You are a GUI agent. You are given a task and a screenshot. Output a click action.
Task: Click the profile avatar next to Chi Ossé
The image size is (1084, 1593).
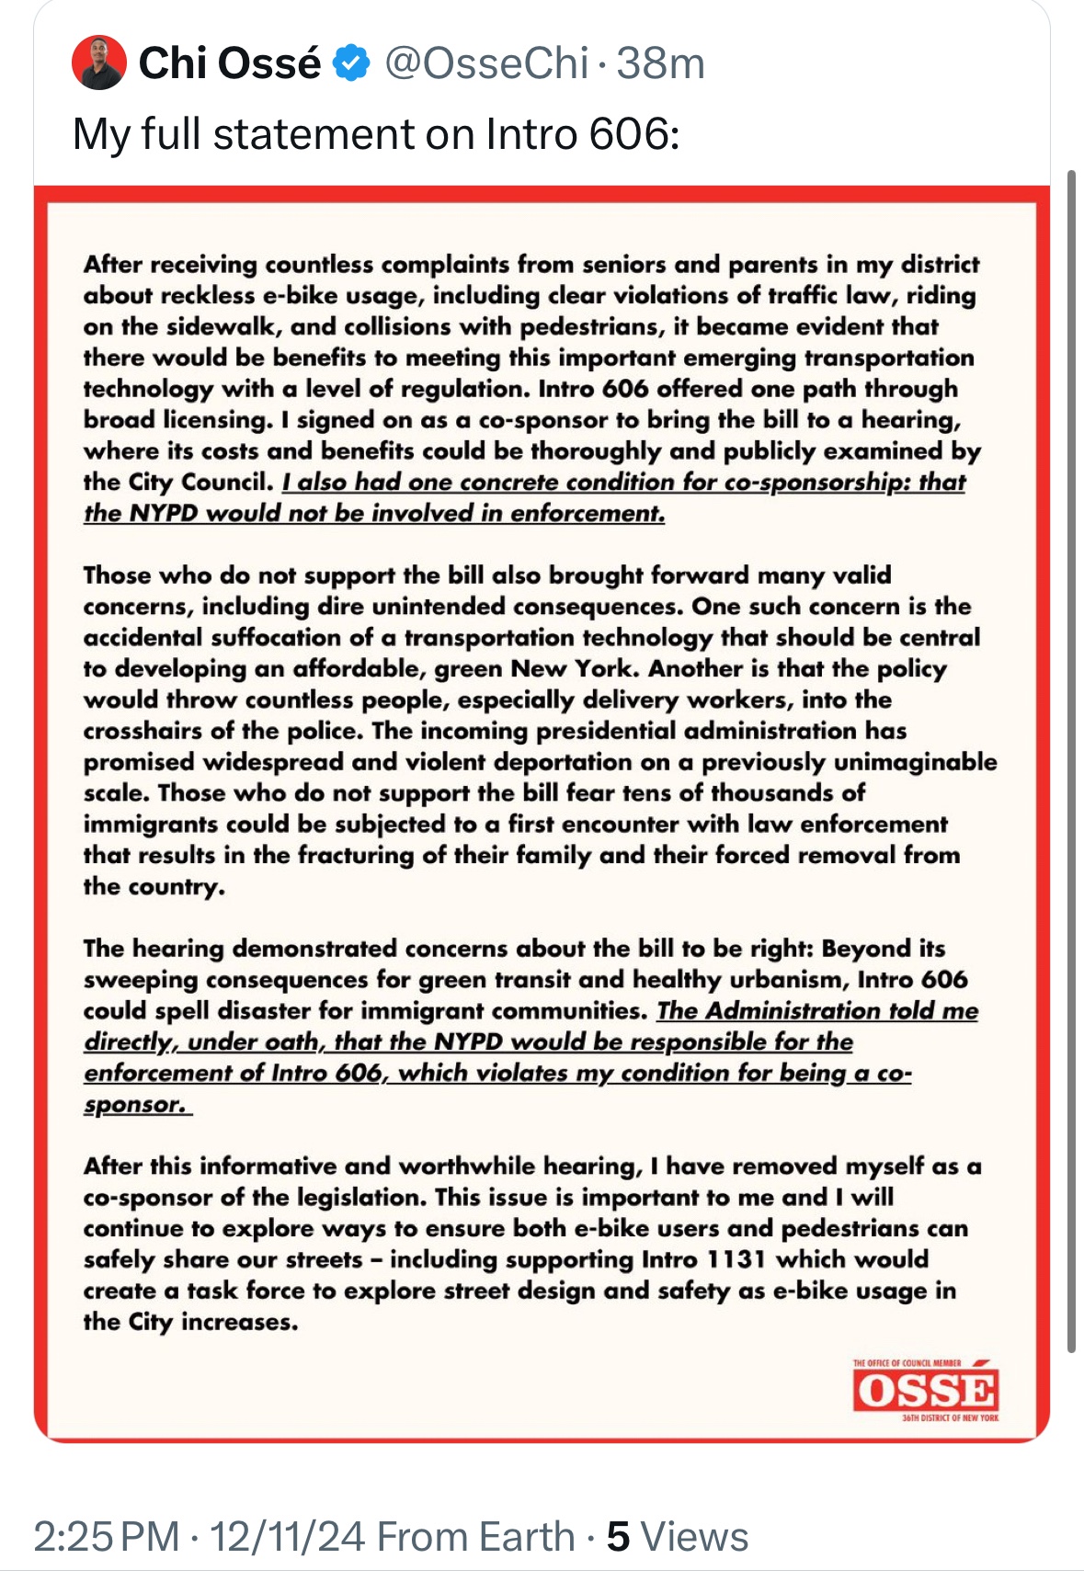[x=98, y=63]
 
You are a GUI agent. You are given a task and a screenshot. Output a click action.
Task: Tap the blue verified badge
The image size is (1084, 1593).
[x=351, y=63]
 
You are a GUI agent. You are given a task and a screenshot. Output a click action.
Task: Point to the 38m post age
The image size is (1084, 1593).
[x=661, y=63]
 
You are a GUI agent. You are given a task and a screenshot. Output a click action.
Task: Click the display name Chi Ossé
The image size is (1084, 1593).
[x=229, y=63]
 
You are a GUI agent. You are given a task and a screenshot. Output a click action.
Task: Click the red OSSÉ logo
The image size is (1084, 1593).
[x=925, y=1391]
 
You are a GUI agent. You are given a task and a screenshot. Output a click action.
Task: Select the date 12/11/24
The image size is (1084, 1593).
[x=287, y=1537]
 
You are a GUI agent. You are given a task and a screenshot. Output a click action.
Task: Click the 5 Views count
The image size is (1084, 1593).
[x=678, y=1537]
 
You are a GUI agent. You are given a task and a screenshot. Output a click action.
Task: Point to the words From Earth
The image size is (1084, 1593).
[x=475, y=1537]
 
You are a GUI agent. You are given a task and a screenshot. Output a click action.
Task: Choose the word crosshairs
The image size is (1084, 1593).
[x=143, y=732]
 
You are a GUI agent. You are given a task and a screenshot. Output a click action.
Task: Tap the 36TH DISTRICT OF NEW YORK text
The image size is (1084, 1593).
[x=951, y=1418]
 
